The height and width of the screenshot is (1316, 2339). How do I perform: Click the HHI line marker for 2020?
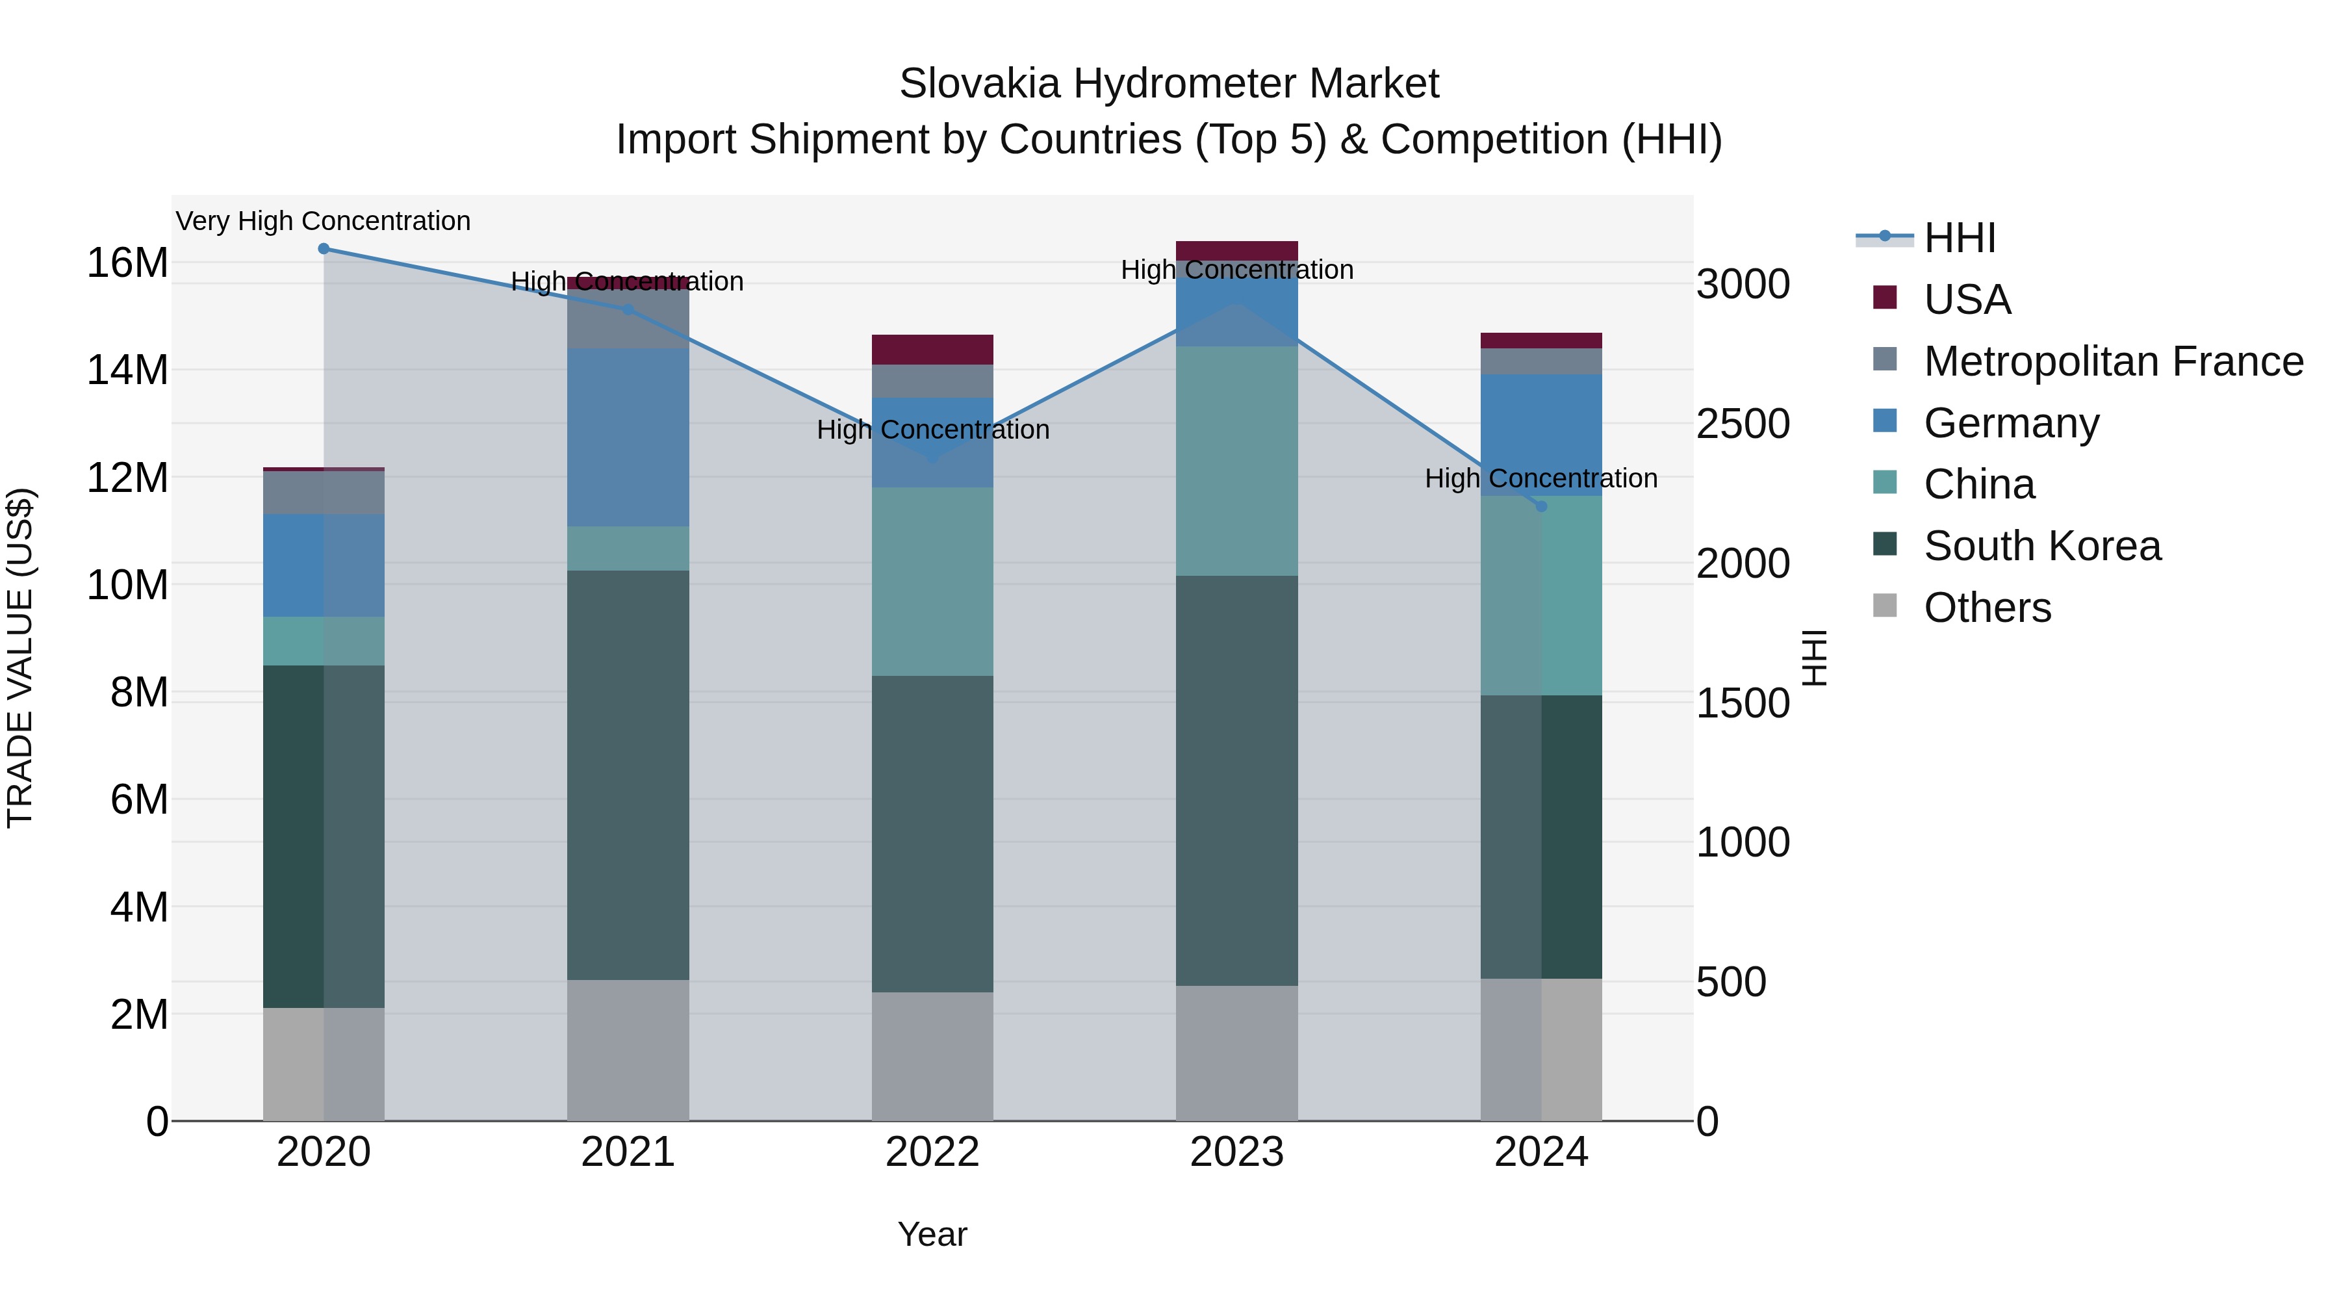click(x=324, y=249)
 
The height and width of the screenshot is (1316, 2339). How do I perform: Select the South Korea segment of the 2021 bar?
click(x=628, y=775)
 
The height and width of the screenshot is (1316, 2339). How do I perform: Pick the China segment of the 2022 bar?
click(x=932, y=581)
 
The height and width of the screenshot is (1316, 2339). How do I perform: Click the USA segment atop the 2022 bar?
click(x=932, y=350)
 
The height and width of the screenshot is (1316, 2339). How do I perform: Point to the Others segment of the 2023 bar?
click(x=1236, y=1053)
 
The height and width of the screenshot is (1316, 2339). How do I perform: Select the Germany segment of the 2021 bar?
click(x=628, y=437)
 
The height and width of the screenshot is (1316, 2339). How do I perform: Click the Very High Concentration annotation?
click(x=324, y=222)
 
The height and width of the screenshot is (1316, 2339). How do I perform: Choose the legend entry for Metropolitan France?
click(x=2113, y=361)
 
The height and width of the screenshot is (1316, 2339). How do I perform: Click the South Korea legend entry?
click(x=2042, y=546)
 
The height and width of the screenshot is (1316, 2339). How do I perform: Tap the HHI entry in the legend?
click(x=1960, y=238)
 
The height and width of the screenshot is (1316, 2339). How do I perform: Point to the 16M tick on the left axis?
click(x=127, y=263)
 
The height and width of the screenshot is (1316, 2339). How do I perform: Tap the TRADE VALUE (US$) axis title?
click(x=20, y=658)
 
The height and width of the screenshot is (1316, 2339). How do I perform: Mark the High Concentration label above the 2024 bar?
click(x=1541, y=478)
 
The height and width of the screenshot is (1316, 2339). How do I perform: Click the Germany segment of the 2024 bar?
click(x=1541, y=434)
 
